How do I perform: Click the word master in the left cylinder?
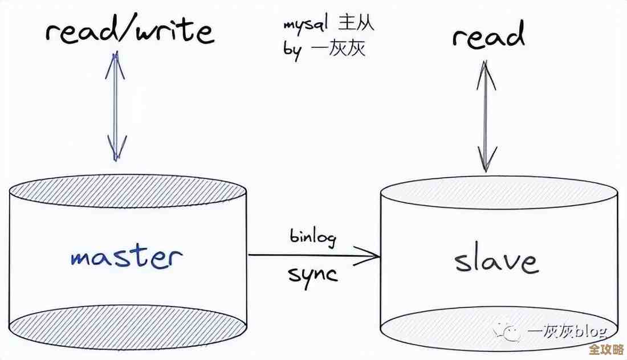coord(127,257)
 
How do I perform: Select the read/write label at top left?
coord(130,31)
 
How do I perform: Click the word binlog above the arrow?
coord(312,236)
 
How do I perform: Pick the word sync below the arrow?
coord(312,274)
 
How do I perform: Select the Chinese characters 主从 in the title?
coord(356,24)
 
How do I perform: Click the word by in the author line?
coord(292,49)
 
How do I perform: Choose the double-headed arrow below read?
coord(486,117)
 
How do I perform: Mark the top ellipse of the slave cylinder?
coord(499,192)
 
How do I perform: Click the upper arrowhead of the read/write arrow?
coord(116,60)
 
